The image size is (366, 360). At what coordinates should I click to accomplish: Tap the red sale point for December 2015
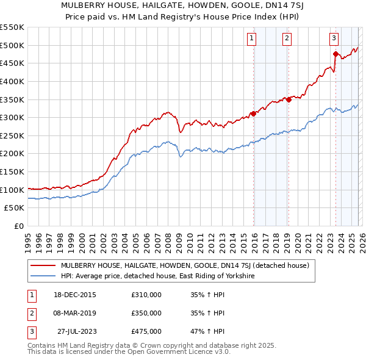253,113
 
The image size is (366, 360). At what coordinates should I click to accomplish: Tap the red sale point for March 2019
289,99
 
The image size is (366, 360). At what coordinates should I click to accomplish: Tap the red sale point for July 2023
335,54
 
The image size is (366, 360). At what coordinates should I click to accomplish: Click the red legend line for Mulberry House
43,265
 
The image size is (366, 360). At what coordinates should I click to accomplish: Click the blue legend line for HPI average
43,276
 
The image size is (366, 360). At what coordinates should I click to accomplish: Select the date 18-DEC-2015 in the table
74,295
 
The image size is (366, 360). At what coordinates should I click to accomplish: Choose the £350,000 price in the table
146,313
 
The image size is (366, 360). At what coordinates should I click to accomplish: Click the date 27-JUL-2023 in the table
75,331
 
